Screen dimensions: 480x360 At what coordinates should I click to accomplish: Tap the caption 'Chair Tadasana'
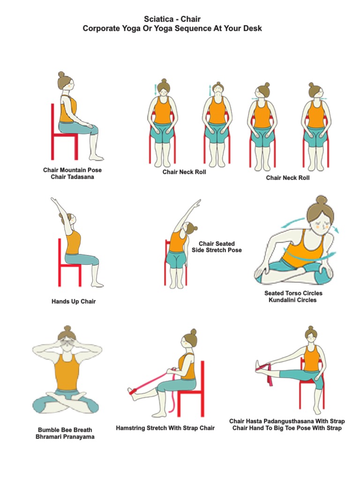[72, 177]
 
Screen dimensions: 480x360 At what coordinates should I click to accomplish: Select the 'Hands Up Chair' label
[74, 301]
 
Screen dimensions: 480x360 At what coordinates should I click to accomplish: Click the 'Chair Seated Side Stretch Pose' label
[217, 247]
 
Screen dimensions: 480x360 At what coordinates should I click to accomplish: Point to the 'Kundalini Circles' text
[292, 300]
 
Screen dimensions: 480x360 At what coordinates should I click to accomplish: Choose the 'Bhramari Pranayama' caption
[65, 437]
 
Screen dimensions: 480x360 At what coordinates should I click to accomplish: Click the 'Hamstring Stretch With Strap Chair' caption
[165, 428]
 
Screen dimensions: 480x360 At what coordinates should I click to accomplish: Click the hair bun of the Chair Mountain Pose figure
[61, 75]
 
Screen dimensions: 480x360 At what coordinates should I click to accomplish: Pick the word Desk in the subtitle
[252, 29]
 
